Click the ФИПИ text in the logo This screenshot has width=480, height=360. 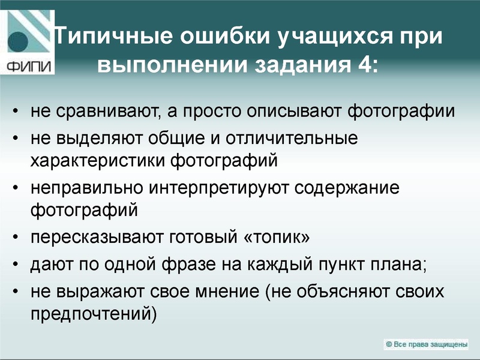tap(26, 65)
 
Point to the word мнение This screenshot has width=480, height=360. tap(226, 292)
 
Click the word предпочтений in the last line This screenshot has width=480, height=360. tap(91, 313)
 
